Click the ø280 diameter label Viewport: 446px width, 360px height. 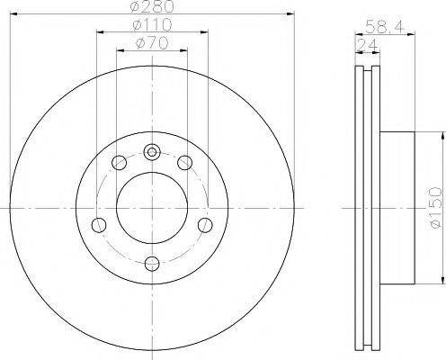coord(152,6)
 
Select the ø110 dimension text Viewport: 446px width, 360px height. coord(152,25)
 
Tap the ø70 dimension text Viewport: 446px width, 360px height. coord(152,43)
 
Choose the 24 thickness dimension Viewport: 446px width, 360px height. coord(367,46)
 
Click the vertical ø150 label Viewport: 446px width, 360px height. coord(435,208)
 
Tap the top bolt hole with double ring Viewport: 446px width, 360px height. coord(152,152)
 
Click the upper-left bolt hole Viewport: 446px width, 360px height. coord(119,163)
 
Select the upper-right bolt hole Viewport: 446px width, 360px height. coord(184,163)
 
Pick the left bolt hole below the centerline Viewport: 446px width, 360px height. coord(99,225)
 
